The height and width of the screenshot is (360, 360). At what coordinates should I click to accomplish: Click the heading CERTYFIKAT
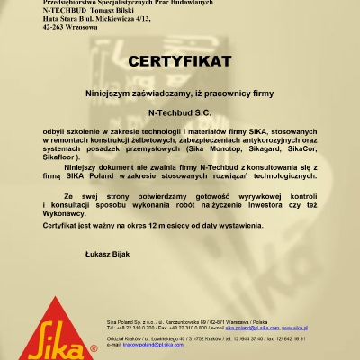pos(180,62)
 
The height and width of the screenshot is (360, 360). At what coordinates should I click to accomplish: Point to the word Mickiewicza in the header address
pos(110,20)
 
